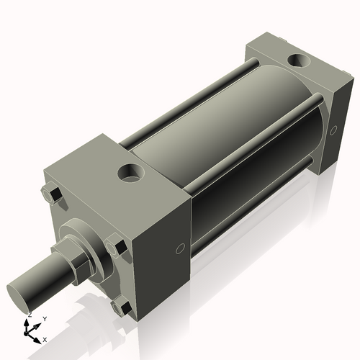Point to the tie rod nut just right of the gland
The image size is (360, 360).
[x=116, y=247]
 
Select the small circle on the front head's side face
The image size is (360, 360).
[x=179, y=250]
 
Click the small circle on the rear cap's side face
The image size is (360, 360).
[x=333, y=130]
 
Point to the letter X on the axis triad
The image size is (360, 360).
[x=45, y=339]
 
